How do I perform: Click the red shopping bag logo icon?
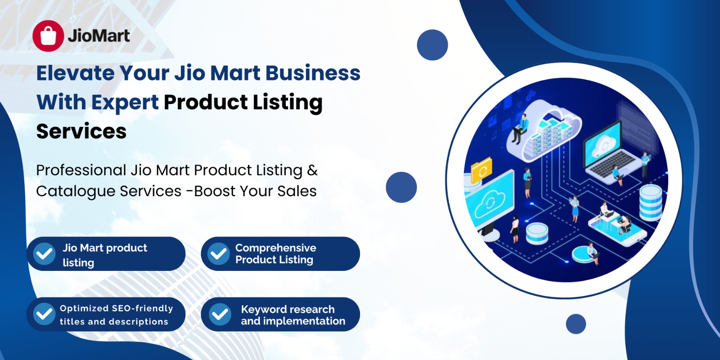pos(48,36)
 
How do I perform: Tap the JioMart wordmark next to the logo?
pos(99,36)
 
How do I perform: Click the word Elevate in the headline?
pos(75,73)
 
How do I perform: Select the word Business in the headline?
pos(313,73)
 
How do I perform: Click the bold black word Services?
pos(81,131)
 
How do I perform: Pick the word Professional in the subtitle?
pos(81,170)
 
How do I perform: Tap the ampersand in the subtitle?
pos(312,170)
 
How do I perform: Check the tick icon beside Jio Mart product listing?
pos(45,254)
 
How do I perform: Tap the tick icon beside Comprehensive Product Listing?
pos(218,254)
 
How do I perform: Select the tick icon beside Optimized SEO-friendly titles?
pos(45,314)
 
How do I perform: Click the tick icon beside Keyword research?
pos(220,314)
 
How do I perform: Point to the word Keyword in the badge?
pos(262,309)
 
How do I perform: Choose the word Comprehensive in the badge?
pos(276,248)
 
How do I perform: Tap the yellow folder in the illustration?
pos(481,170)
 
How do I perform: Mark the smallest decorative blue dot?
pos(576,324)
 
